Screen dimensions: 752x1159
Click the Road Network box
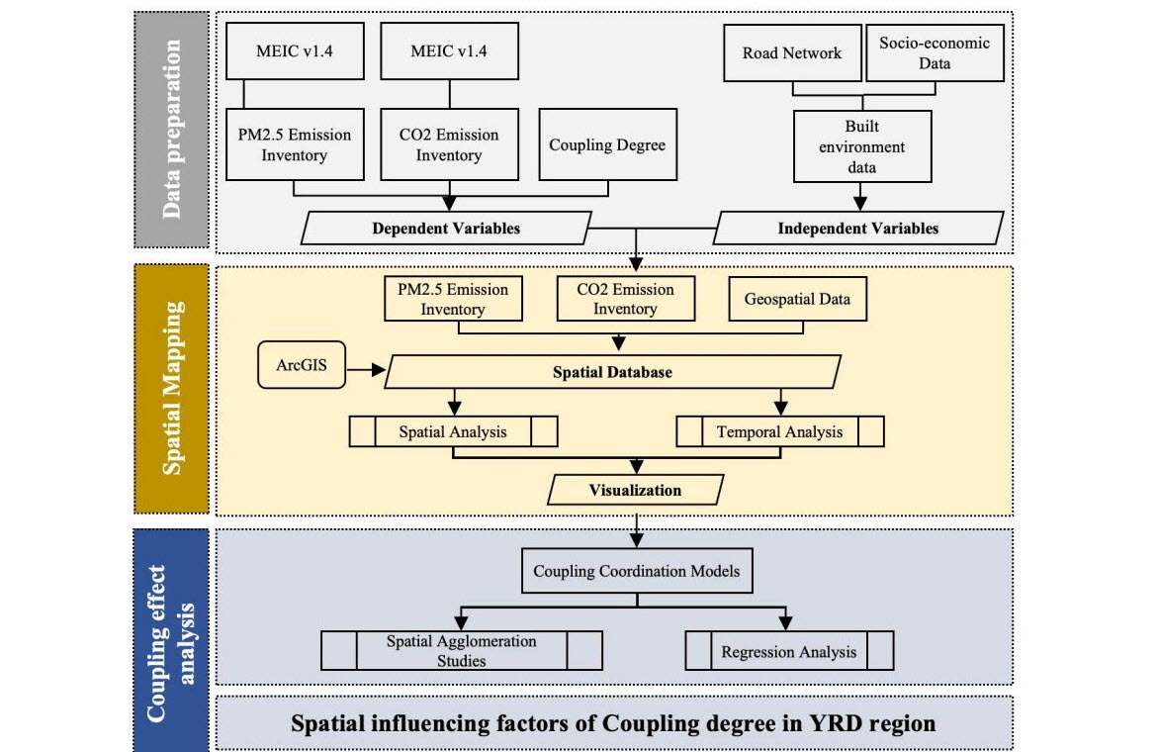791,52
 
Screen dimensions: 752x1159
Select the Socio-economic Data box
935,52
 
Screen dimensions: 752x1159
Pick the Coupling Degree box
607,144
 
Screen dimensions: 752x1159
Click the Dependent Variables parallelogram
446,229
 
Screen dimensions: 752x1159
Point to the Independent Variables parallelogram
857,229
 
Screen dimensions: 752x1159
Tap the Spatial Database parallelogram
613,371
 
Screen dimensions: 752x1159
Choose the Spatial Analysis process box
453,431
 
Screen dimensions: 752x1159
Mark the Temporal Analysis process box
779,431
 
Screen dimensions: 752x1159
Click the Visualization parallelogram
635,490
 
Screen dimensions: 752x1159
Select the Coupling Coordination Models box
636,571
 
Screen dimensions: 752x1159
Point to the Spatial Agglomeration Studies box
461,651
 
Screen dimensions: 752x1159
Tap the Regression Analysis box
789,652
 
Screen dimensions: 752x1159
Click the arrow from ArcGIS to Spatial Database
365,371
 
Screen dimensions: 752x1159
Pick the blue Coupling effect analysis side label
171,639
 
